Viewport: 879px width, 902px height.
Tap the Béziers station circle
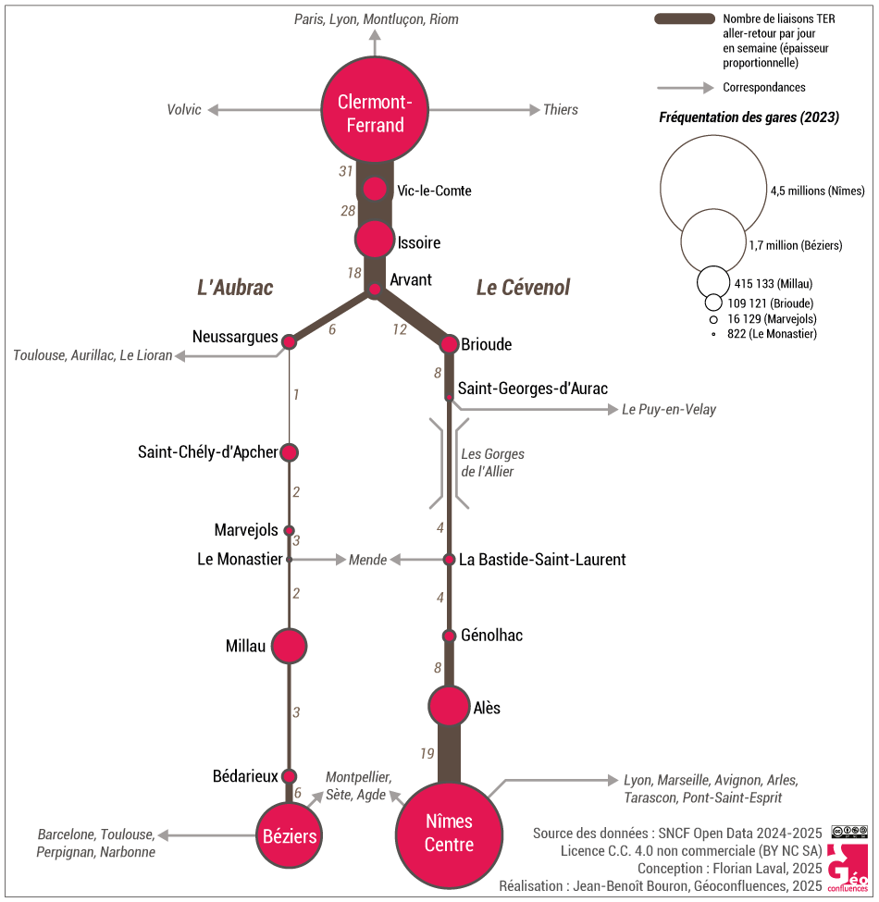(x=289, y=836)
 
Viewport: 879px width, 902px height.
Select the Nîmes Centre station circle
(x=449, y=833)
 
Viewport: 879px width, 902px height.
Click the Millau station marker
(x=289, y=646)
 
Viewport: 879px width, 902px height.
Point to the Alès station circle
(x=449, y=708)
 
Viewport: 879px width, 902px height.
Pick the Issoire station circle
(x=375, y=240)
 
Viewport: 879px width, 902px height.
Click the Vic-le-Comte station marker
(x=375, y=189)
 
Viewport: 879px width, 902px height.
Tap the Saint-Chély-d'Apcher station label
(x=207, y=452)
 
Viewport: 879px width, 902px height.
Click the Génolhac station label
(x=491, y=636)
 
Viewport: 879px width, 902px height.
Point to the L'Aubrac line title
(x=235, y=288)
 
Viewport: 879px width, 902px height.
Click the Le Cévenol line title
(x=523, y=288)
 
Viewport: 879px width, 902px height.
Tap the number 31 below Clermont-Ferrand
(x=346, y=171)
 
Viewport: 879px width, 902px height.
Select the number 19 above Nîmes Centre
(x=427, y=754)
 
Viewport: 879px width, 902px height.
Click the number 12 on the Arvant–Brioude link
(x=400, y=329)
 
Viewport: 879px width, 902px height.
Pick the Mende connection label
(x=367, y=561)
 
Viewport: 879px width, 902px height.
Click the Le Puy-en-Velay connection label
(x=669, y=410)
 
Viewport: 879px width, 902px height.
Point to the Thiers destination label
(x=561, y=110)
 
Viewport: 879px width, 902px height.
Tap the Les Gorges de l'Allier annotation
(x=492, y=463)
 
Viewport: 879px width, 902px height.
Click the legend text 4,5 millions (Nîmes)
(x=817, y=192)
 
